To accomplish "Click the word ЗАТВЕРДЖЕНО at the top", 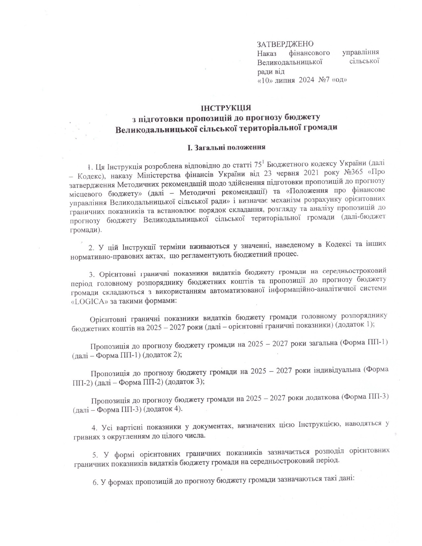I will [285, 44].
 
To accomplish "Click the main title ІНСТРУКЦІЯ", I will [226, 108].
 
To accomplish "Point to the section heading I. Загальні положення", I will [226, 147].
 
